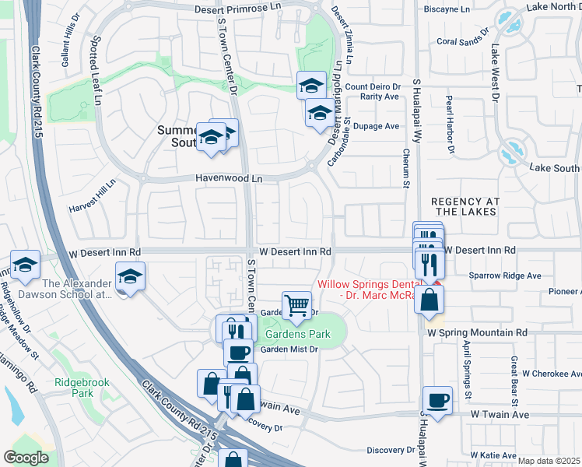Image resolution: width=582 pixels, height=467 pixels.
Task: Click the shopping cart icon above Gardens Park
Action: [296, 305]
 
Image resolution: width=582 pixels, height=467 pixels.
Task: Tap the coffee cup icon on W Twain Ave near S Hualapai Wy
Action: [437, 401]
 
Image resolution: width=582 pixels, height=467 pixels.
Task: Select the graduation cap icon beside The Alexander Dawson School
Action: [130, 276]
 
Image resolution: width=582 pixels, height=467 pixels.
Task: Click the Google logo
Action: [26, 458]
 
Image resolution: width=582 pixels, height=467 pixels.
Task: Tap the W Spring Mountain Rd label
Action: [477, 332]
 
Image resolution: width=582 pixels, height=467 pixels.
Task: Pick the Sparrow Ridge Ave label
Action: [504, 276]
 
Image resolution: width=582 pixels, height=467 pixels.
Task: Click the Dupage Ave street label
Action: [376, 126]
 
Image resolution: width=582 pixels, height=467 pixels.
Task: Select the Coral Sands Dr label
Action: [463, 40]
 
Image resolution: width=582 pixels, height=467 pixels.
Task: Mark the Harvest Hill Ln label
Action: [92, 198]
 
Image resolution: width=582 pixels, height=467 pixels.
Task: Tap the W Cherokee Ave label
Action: [555, 374]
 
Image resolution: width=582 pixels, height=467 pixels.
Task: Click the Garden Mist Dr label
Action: [289, 349]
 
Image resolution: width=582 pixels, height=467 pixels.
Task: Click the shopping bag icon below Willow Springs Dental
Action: [429, 300]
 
